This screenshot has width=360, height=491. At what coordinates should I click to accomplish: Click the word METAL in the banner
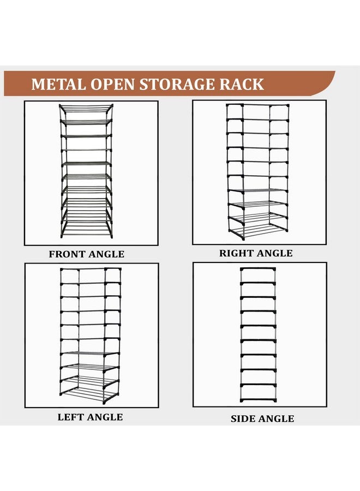58,84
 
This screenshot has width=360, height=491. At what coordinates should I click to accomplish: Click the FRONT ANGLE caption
86,254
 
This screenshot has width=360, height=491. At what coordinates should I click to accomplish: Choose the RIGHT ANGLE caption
256,253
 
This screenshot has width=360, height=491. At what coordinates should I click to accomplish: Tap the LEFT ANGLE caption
90,417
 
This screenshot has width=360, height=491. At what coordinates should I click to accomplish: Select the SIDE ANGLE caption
262,418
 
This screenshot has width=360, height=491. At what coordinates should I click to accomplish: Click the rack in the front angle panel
86,171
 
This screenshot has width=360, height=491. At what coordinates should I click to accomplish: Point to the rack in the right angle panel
257,172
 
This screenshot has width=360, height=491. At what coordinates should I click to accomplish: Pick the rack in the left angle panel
90,336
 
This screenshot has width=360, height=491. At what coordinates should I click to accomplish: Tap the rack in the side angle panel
258,335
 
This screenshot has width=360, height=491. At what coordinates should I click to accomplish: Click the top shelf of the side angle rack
258,269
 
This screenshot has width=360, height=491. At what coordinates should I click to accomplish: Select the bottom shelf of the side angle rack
258,400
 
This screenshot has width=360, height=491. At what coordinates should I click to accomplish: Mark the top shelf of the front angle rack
86,108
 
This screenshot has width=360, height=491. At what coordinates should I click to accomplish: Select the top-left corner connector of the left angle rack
62,270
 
